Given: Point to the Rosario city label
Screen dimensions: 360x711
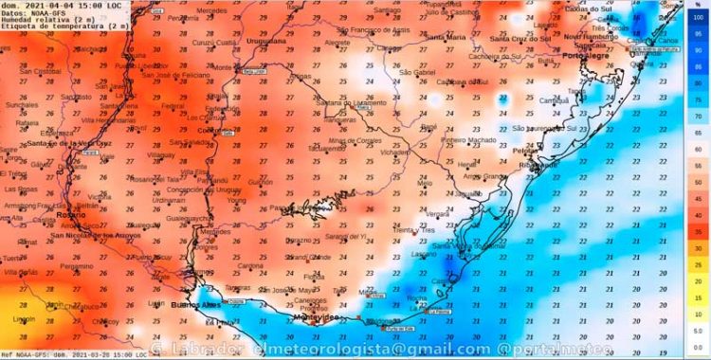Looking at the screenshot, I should tap(70, 215).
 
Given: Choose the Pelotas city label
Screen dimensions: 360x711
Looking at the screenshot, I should tap(525, 151).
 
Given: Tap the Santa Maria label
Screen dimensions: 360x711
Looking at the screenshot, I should tap(444, 37).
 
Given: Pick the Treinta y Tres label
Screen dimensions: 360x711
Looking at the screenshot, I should tap(420, 230).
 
